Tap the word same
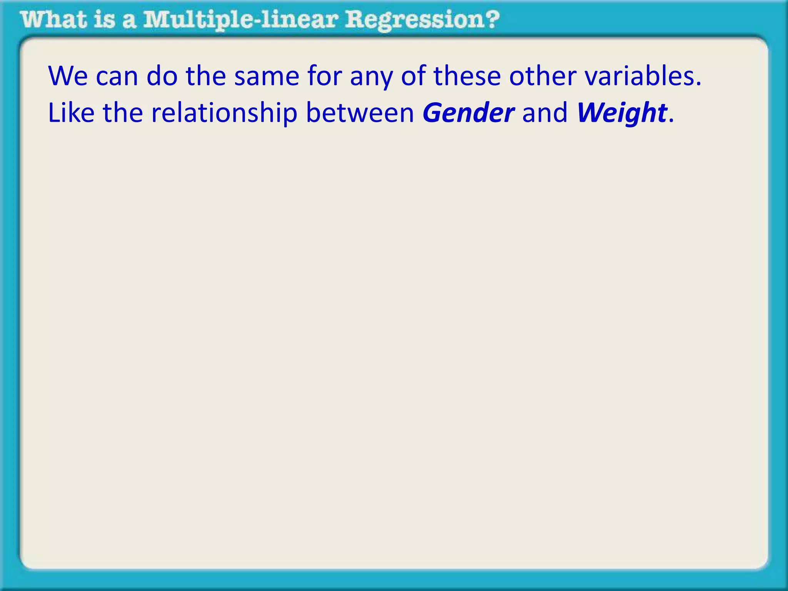267,76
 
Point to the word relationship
224,113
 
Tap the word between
360,113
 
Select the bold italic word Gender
468,113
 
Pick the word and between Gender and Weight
545,113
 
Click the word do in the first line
162,76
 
